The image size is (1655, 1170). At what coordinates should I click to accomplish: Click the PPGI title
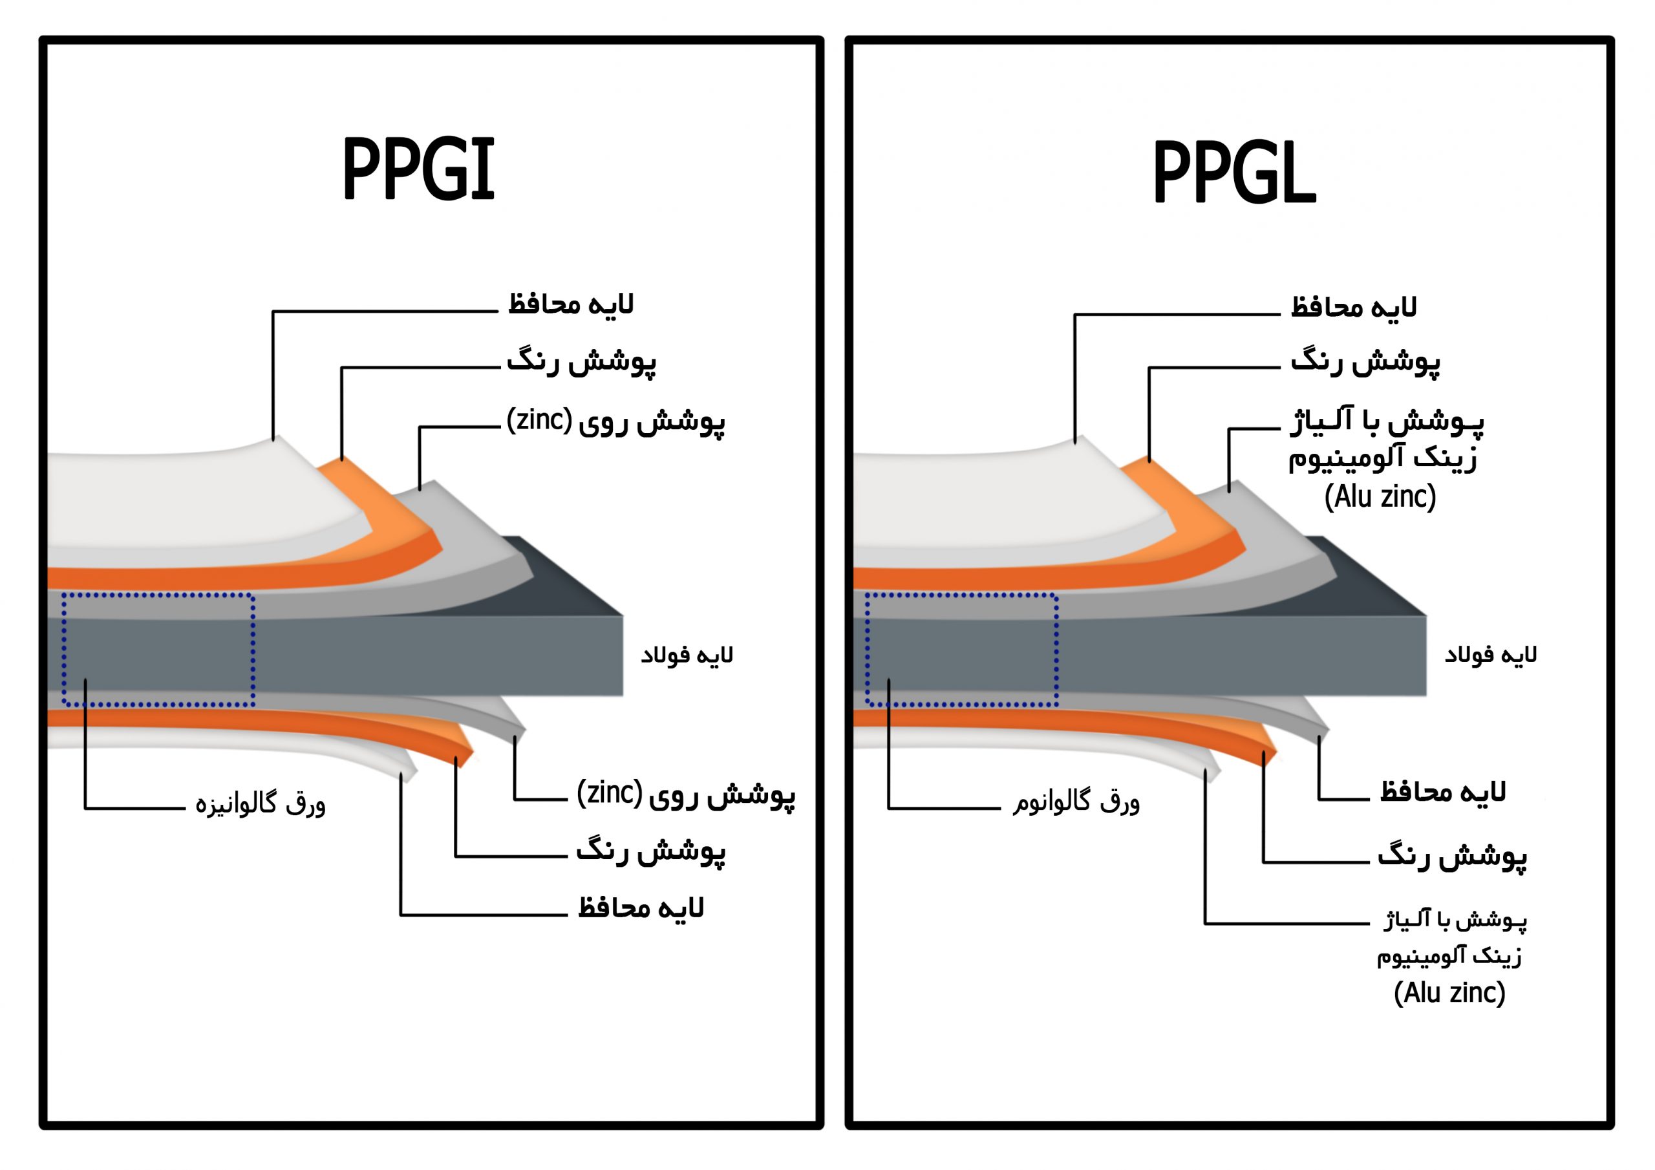(x=419, y=169)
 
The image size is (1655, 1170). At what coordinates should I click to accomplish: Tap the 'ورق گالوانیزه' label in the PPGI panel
(x=261, y=803)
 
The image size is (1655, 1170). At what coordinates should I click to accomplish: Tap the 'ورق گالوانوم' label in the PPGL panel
(x=1076, y=802)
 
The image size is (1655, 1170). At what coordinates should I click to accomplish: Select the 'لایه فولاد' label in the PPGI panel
(x=687, y=655)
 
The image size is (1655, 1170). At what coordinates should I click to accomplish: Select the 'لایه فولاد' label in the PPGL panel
(x=1491, y=655)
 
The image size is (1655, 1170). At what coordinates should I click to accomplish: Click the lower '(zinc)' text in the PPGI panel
(x=609, y=792)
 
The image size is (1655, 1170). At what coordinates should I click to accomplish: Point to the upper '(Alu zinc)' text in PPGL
(x=1380, y=496)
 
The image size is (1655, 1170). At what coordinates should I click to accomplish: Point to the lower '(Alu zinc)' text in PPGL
(x=1449, y=993)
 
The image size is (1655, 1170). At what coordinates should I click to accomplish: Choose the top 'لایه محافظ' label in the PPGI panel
(x=571, y=304)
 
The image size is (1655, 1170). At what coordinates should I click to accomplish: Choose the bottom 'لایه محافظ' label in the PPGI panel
(x=641, y=908)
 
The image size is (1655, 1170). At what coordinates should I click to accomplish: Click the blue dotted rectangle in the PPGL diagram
(x=866, y=649)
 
